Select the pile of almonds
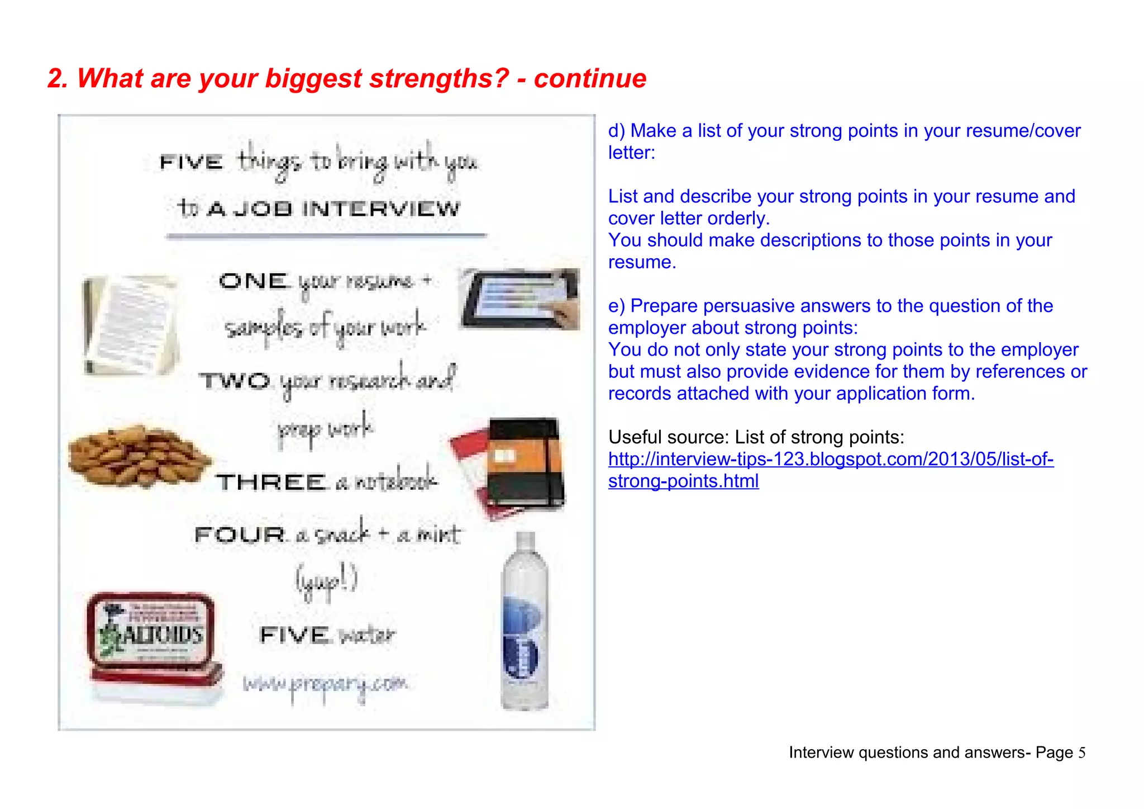click(x=137, y=456)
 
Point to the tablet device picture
click(x=519, y=299)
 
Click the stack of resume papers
click(x=131, y=324)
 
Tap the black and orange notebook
click(x=517, y=464)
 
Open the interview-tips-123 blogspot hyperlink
click(x=830, y=460)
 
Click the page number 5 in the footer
click(x=1082, y=753)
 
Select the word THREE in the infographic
click(x=271, y=482)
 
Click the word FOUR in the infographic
click(x=240, y=534)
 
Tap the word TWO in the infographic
click(x=235, y=381)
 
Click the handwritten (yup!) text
click(x=326, y=581)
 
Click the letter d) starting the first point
click(x=617, y=131)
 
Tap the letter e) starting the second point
click(x=617, y=306)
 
